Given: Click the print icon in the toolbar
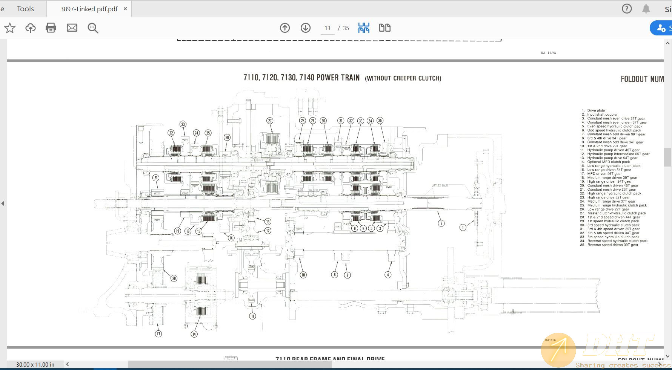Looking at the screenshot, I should point(51,28).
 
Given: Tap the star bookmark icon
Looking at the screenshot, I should point(10,28).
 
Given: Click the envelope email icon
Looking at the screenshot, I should point(72,28).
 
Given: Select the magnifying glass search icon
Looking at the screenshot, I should point(93,28).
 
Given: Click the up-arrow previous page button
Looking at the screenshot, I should point(285,28).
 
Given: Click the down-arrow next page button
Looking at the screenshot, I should point(306,28).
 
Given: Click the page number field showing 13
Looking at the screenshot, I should point(327,28).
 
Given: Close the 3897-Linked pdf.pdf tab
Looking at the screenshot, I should point(125,9).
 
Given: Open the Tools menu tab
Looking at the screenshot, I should point(25,9).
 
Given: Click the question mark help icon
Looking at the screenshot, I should point(627,9).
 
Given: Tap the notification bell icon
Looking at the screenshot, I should point(646,9).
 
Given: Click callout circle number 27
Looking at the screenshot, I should point(270,121).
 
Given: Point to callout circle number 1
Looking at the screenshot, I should point(463,227).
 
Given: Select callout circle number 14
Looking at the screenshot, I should point(194,334).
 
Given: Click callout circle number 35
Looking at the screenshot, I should point(380,121).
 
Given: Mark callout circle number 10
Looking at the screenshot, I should point(303,275).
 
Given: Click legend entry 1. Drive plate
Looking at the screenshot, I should point(596,110).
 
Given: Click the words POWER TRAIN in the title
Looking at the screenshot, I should point(338,78).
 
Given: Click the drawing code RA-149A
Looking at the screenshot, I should point(548,53).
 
